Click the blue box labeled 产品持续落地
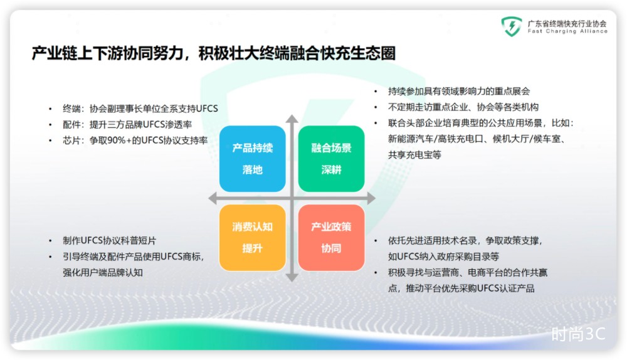coord(252,159)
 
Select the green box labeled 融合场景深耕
coord(331,159)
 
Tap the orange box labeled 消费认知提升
coord(252,238)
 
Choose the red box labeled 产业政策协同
coord(331,238)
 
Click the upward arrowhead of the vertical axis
coord(292,119)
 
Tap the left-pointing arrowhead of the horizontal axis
coord(213,198)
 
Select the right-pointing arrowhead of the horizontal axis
coord(371,198)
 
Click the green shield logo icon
coord(512,26)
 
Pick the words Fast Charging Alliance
coord(567,31)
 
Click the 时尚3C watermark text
coord(578,334)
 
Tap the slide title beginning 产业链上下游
coord(214,53)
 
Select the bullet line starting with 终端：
coord(140,109)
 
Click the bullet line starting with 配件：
coord(127,124)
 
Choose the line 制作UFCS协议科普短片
coord(110,240)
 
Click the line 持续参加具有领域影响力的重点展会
coord(459,91)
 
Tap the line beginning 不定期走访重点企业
coord(463,107)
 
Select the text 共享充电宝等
coord(414,155)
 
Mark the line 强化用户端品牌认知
coord(103,272)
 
